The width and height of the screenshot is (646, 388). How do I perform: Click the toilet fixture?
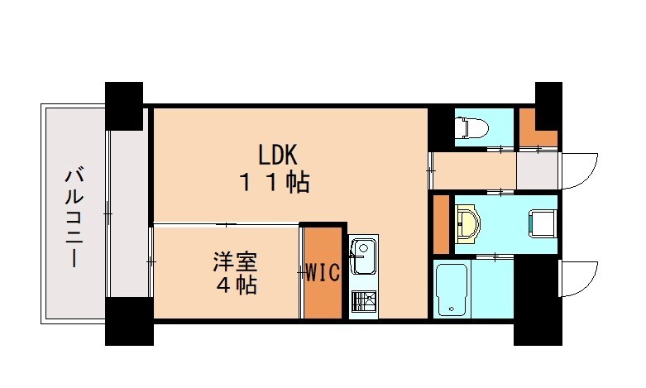[x=472, y=127]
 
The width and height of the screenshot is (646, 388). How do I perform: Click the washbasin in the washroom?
[x=468, y=223]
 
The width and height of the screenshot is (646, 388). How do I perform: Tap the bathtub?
[x=452, y=290]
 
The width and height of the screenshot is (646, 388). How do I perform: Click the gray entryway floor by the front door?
[x=537, y=170]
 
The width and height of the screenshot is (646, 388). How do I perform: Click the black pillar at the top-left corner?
[x=124, y=104]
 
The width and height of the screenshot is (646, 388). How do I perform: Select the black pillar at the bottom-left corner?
[x=128, y=322]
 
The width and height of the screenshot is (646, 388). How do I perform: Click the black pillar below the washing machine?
[x=536, y=299]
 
